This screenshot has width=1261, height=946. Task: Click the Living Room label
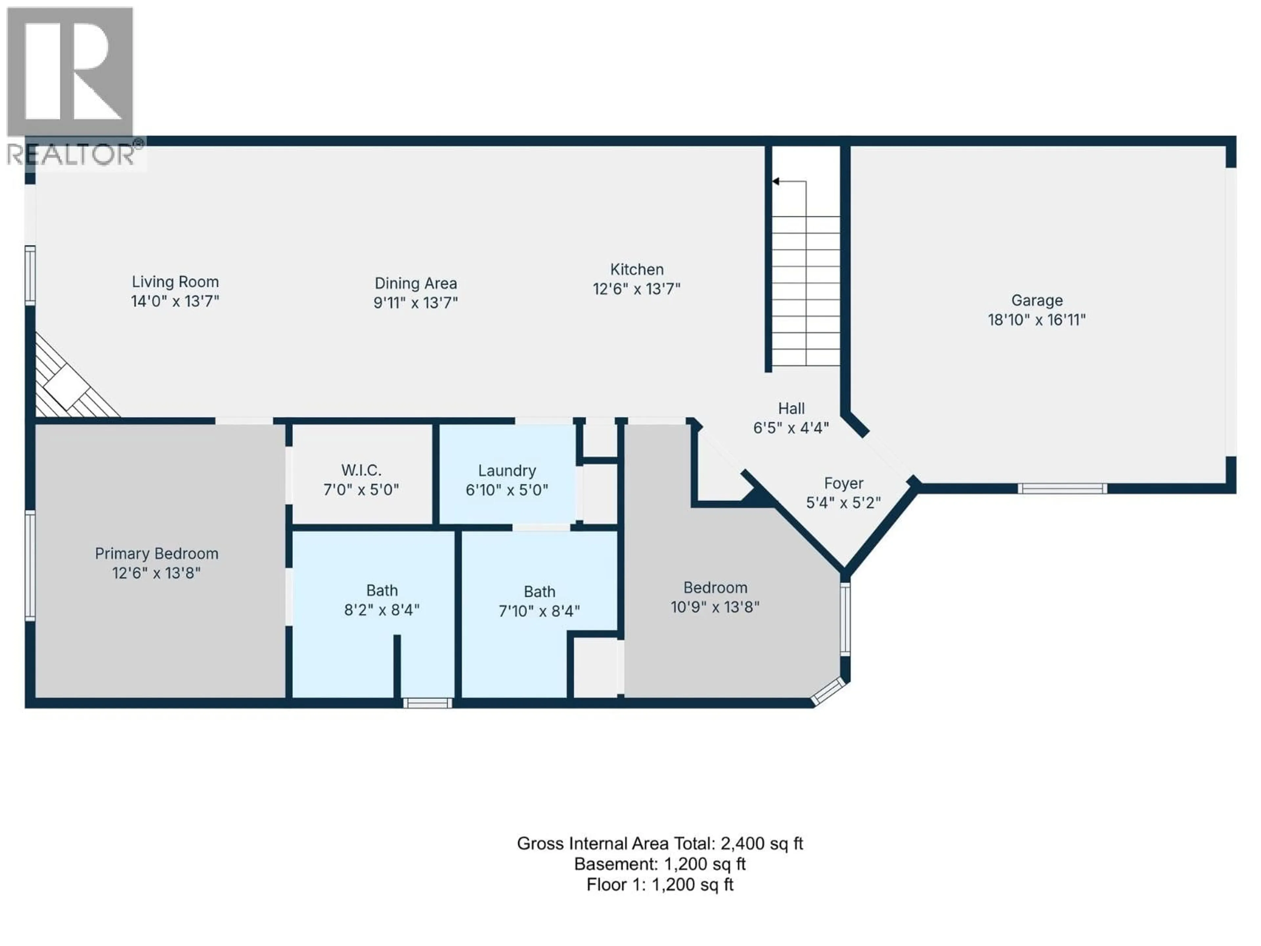point(175,282)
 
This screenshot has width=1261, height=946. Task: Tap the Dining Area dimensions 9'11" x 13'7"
point(416,303)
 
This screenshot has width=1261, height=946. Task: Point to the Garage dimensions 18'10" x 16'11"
point(1036,320)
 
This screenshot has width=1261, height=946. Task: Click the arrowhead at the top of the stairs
point(776,181)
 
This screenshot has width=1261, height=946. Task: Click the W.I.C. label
point(361,470)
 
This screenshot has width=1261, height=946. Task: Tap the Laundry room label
point(507,471)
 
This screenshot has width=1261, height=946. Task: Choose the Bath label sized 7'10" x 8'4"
point(539,592)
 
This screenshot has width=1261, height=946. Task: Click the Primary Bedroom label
point(156,554)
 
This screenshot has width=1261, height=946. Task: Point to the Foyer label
point(843,484)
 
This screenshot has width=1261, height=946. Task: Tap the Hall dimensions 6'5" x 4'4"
point(791,428)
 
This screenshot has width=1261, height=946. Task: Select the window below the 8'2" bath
point(428,703)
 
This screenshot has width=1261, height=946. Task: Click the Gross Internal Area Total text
point(660,844)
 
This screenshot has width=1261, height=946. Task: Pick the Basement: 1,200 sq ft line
point(660,865)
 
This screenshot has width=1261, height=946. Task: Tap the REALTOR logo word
point(71,154)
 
